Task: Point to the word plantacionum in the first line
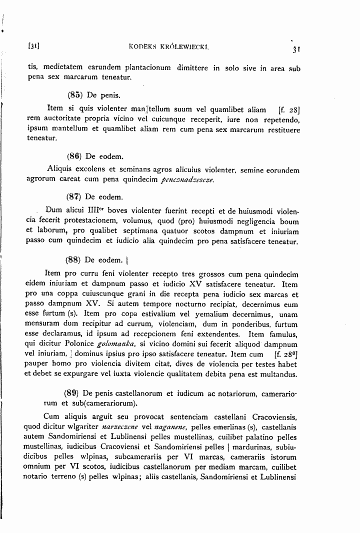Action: (143, 67)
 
